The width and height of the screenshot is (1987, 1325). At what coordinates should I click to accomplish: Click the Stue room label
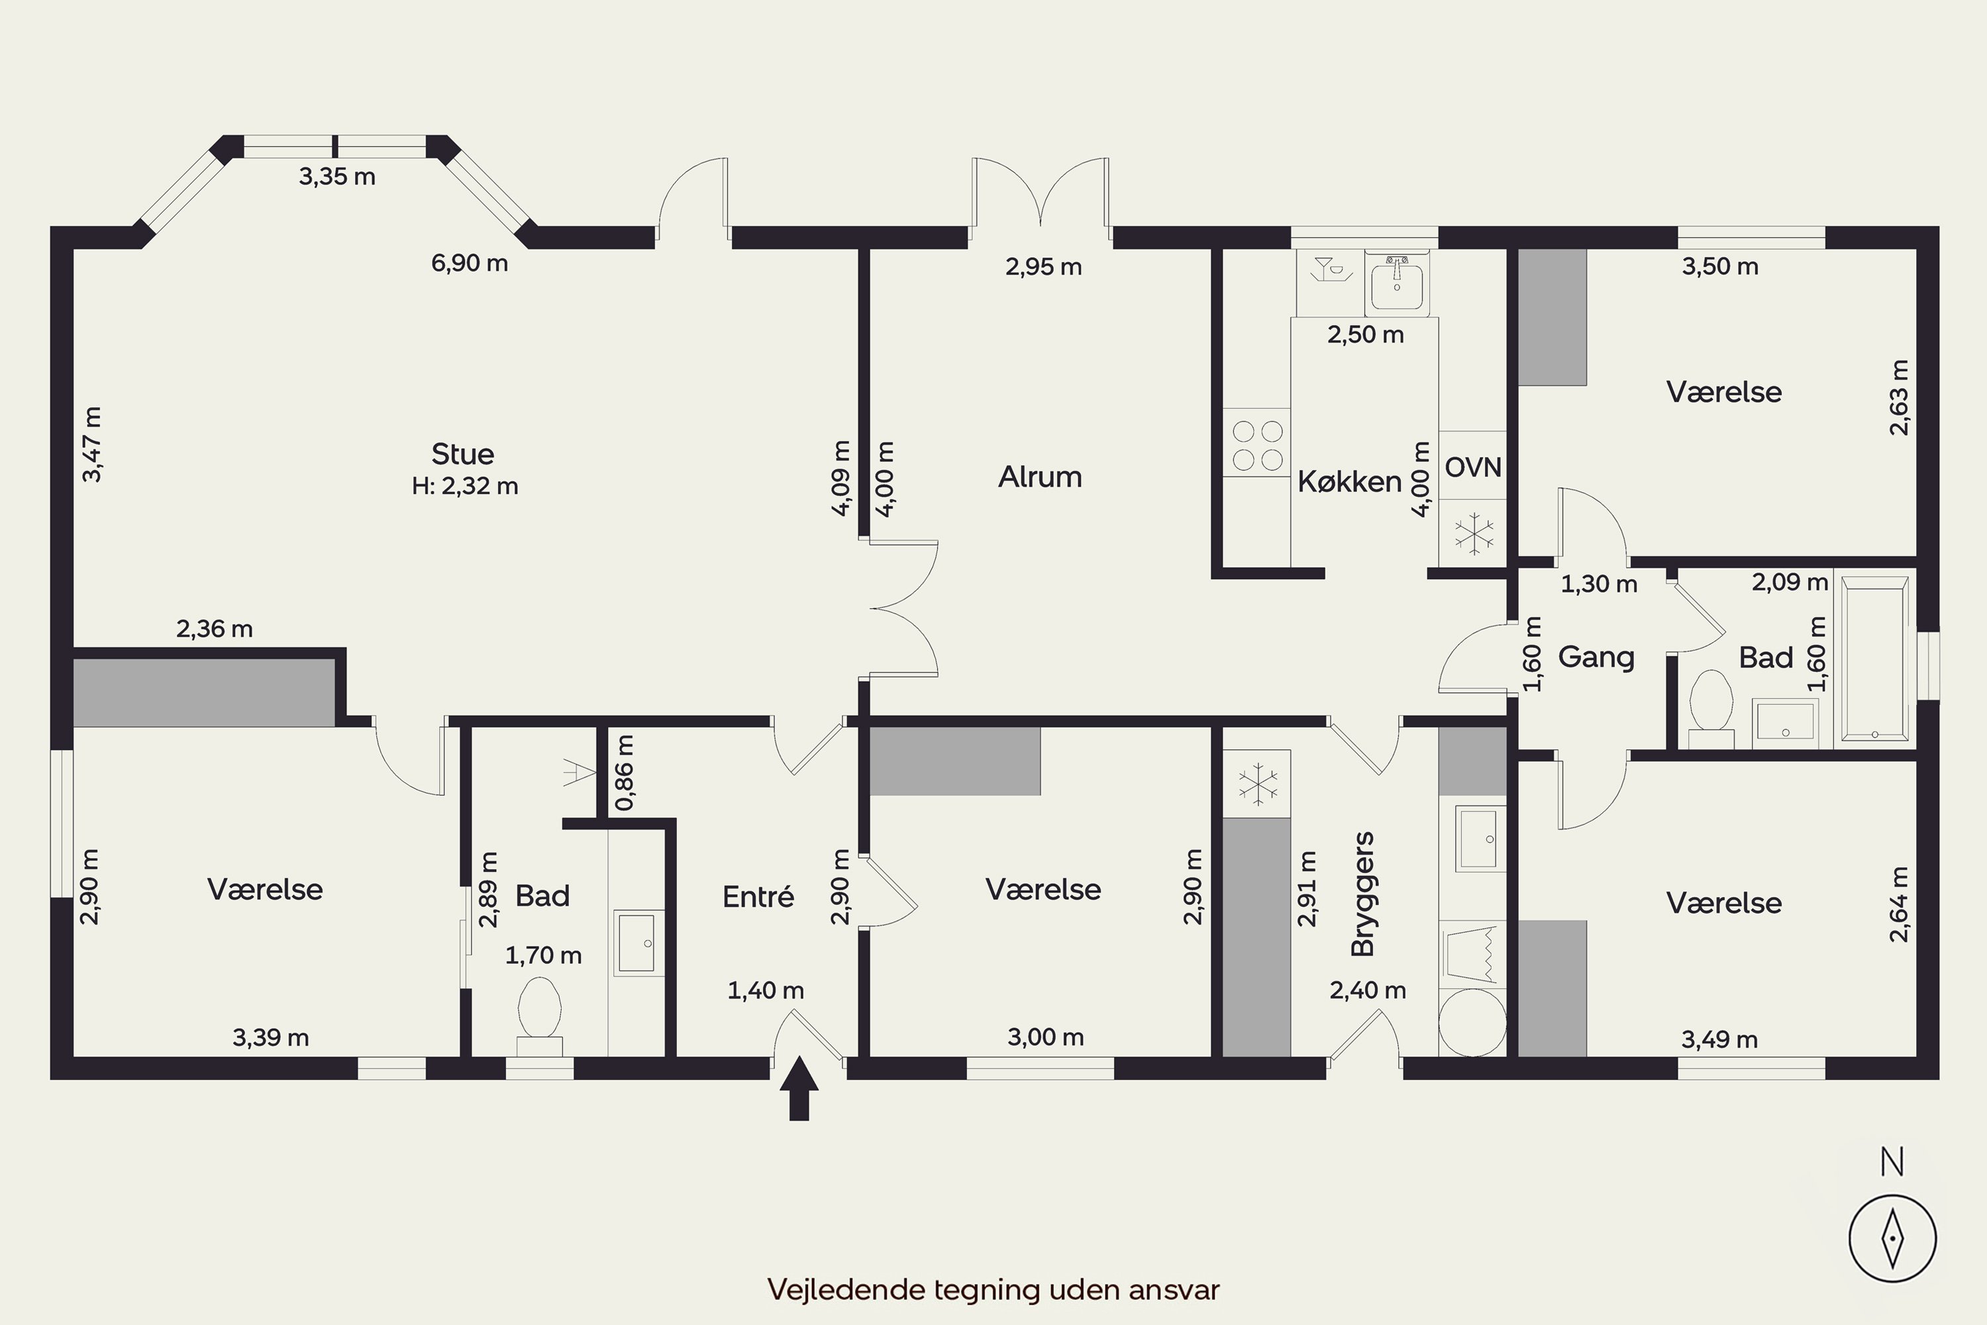(x=462, y=454)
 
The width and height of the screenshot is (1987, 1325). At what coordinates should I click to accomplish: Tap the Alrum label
(x=1040, y=478)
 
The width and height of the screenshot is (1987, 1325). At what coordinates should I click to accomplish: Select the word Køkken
(x=1349, y=482)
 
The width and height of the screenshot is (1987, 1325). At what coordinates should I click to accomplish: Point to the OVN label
(x=1473, y=467)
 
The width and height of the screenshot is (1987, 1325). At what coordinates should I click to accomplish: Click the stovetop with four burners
(x=1257, y=445)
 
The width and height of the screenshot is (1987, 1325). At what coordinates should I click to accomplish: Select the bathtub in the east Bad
(x=1874, y=659)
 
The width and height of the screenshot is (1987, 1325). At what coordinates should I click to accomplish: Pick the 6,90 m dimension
(x=470, y=264)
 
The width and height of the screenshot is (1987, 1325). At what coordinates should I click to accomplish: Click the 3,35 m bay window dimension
(x=337, y=177)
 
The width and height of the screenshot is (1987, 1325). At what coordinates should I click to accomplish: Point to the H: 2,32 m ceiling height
(x=465, y=487)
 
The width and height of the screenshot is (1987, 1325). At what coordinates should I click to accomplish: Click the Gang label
(x=1596, y=657)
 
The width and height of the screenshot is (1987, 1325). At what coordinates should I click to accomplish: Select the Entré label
(x=758, y=896)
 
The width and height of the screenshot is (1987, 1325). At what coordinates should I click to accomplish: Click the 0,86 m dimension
(x=625, y=773)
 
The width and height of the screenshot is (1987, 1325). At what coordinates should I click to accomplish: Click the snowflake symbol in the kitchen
(x=1473, y=533)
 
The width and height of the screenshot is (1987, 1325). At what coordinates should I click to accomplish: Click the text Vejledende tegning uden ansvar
(x=993, y=1289)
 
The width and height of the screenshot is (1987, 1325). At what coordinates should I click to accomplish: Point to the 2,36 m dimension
(x=215, y=629)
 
